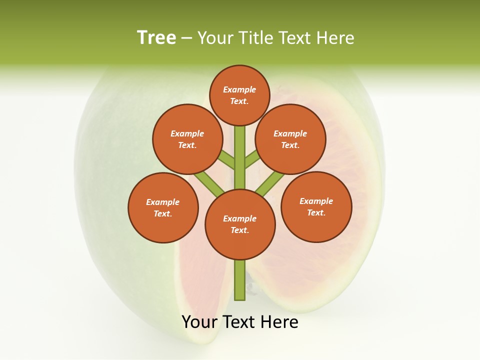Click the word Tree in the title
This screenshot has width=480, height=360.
click(156, 38)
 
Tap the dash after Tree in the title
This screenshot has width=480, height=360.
click(186, 38)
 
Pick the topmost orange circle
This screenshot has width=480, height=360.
click(239, 95)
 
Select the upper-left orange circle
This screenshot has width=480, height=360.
click(187, 139)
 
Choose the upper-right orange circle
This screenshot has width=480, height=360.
click(290, 139)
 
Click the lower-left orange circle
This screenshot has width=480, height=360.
click(163, 207)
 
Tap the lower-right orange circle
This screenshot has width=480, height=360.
click(316, 206)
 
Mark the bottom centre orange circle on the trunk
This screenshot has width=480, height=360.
click(240, 224)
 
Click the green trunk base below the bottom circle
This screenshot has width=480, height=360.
click(240, 280)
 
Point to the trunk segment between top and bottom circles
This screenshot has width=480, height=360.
click(240, 157)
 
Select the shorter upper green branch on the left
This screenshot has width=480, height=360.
click(227, 160)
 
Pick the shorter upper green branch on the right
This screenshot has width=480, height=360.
click(252, 159)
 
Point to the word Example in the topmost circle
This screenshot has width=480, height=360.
click(239, 89)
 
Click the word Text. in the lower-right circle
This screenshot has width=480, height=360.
click(316, 212)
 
